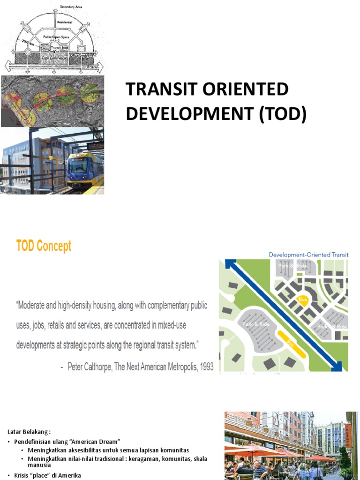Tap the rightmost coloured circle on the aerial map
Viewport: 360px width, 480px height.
(89, 93)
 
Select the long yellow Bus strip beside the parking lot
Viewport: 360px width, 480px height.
(292, 344)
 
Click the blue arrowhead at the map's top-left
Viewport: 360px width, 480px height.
(230, 264)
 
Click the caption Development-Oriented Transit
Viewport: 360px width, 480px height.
(308, 255)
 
